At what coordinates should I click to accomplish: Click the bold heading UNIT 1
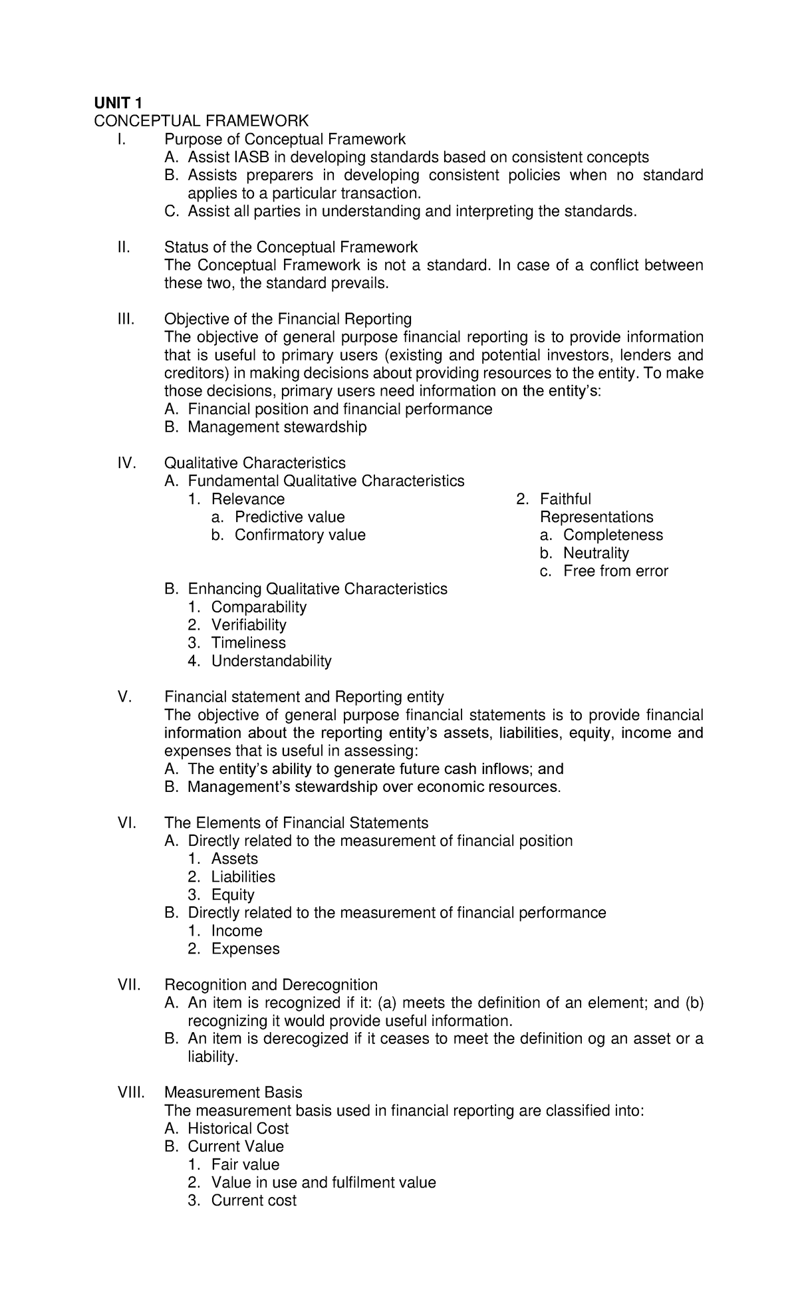pyautogui.click(x=118, y=102)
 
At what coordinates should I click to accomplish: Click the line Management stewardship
pyautogui.click(x=277, y=427)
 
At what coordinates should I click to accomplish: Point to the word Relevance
pyautogui.click(x=248, y=499)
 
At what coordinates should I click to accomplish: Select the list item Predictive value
pyautogui.click(x=290, y=517)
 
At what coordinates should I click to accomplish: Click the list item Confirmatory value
pyautogui.click(x=300, y=535)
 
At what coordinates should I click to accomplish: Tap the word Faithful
pyautogui.click(x=565, y=499)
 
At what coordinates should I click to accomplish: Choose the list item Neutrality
pyautogui.click(x=596, y=553)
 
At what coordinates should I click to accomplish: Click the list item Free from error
pyautogui.click(x=615, y=571)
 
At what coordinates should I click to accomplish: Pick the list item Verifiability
pyautogui.click(x=249, y=624)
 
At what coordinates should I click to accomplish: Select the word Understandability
pyautogui.click(x=271, y=660)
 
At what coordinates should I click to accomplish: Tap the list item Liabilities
pyautogui.click(x=243, y=876)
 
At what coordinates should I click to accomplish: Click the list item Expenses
pyautogui.click(x=245, y=948)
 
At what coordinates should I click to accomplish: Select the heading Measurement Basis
pyautogui.click(x=233, y=1092)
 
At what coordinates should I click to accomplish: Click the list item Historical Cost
pyautogui.click(x=238, y=1128)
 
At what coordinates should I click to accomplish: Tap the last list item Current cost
pyautogui.click(x=253, y=1200)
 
